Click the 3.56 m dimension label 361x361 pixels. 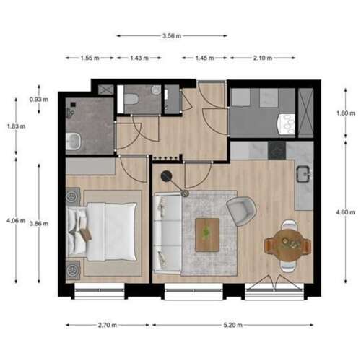172,35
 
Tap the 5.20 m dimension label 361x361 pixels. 233,325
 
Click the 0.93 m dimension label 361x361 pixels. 35,99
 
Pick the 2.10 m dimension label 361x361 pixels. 262,58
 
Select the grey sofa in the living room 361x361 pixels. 168,230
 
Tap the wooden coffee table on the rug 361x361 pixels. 207,234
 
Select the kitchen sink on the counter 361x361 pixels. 303,174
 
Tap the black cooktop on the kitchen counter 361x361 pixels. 277,150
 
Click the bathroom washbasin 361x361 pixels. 73,142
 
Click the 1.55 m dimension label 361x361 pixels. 89,58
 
